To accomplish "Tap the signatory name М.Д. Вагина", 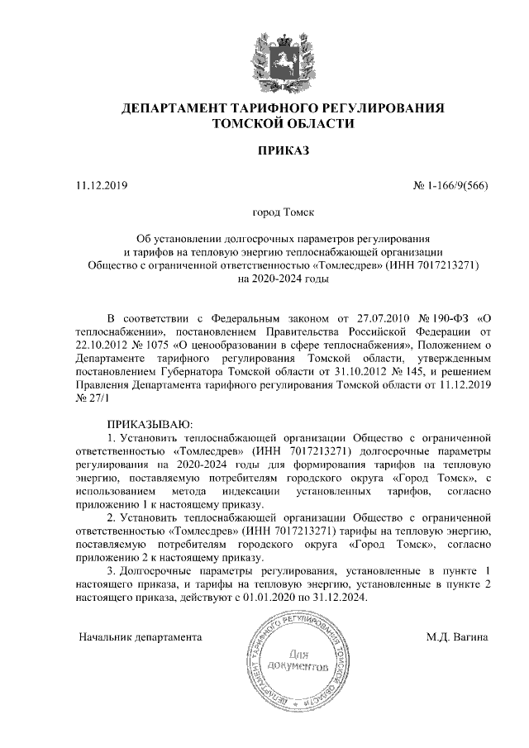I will point(458,637).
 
